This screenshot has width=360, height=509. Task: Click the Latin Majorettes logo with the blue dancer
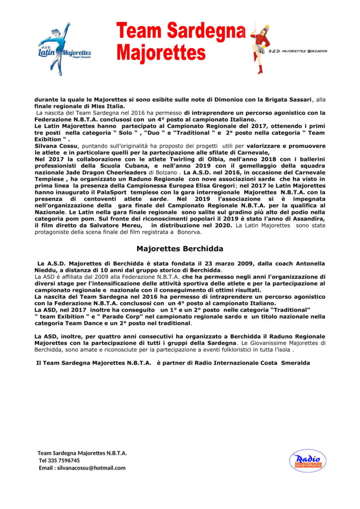(64, 47)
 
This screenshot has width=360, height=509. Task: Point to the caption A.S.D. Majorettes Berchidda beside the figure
(297, 51)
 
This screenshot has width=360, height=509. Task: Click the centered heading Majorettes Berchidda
(180, 248)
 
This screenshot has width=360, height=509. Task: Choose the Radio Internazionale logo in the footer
(307, 461)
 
